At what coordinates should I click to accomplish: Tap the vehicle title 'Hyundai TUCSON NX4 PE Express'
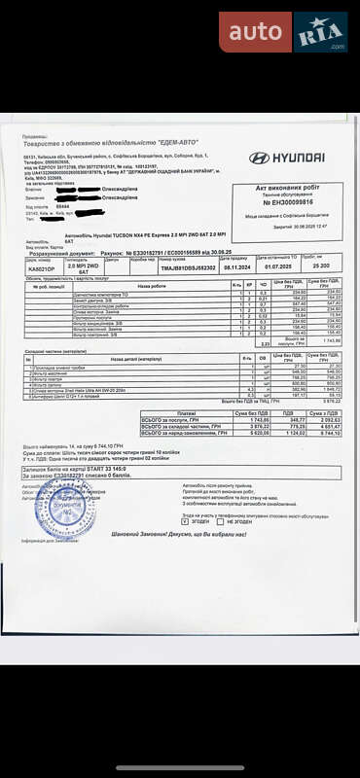146,235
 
